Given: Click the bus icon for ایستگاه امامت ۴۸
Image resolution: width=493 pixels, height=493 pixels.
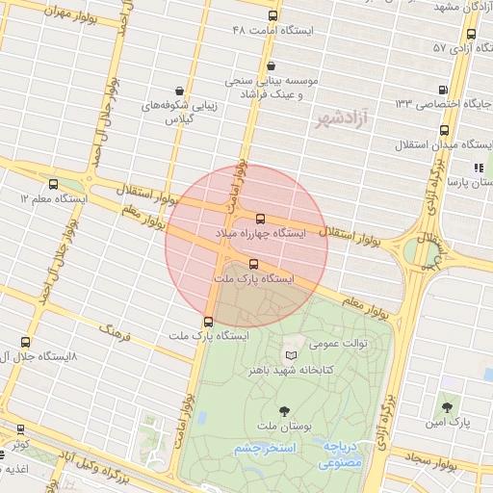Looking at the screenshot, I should (272, 16).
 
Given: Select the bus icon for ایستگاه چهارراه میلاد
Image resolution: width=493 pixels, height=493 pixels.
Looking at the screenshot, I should (260, 219).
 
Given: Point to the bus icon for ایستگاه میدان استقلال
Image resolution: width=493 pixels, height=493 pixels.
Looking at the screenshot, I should (444, 130).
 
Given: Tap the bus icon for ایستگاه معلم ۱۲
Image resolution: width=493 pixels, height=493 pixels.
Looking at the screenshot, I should (51, 183).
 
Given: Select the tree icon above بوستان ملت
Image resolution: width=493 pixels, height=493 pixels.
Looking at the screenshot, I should (282, 411).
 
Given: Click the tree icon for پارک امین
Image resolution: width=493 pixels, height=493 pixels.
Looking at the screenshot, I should (447, 407).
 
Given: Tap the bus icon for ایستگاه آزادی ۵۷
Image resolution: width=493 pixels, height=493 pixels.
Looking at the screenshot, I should (471, 34).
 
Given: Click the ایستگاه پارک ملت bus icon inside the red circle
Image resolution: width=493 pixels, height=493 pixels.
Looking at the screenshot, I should (253, 264).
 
